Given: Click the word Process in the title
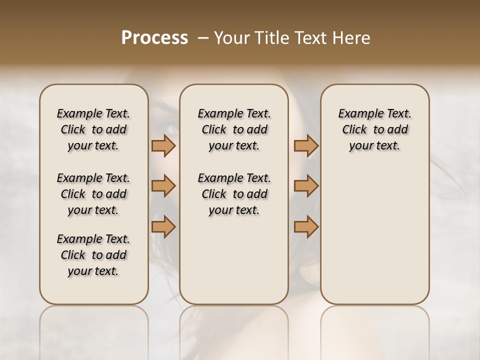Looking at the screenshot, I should [154, 38].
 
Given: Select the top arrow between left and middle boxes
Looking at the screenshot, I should [163, 145].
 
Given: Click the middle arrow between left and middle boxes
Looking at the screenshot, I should [163, 186].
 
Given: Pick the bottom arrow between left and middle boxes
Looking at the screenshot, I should [163, 227].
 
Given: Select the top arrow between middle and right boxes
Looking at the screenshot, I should [306, 145].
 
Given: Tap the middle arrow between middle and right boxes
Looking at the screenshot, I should [306, 186].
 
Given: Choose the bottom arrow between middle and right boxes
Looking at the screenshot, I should [306, 227].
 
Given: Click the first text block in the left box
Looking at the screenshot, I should [93, 129].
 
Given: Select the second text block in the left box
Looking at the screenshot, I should [93, 194].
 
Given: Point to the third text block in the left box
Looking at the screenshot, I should [93, 255].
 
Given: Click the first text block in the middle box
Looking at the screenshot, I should [234, 129].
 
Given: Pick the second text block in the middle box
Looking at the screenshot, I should [234, 194].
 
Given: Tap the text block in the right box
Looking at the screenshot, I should [374, 129].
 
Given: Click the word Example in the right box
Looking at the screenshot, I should [358, 114].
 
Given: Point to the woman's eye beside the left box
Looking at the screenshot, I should [167, 126].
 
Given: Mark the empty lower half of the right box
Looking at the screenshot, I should [374, 240].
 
